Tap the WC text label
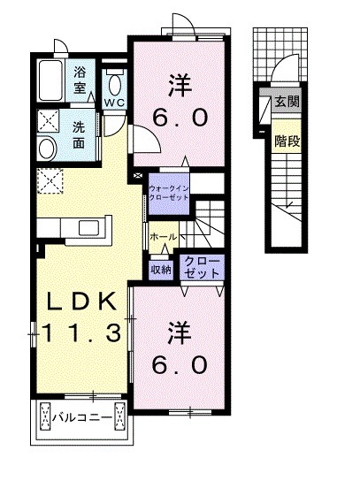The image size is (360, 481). point(113,103)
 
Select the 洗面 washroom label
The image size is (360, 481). point(80,133)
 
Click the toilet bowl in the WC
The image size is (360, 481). point(115,84)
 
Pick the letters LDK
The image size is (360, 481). point(81,302)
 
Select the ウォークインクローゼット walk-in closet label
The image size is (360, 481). point(169,194)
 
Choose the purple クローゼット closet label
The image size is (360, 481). point(203,268)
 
